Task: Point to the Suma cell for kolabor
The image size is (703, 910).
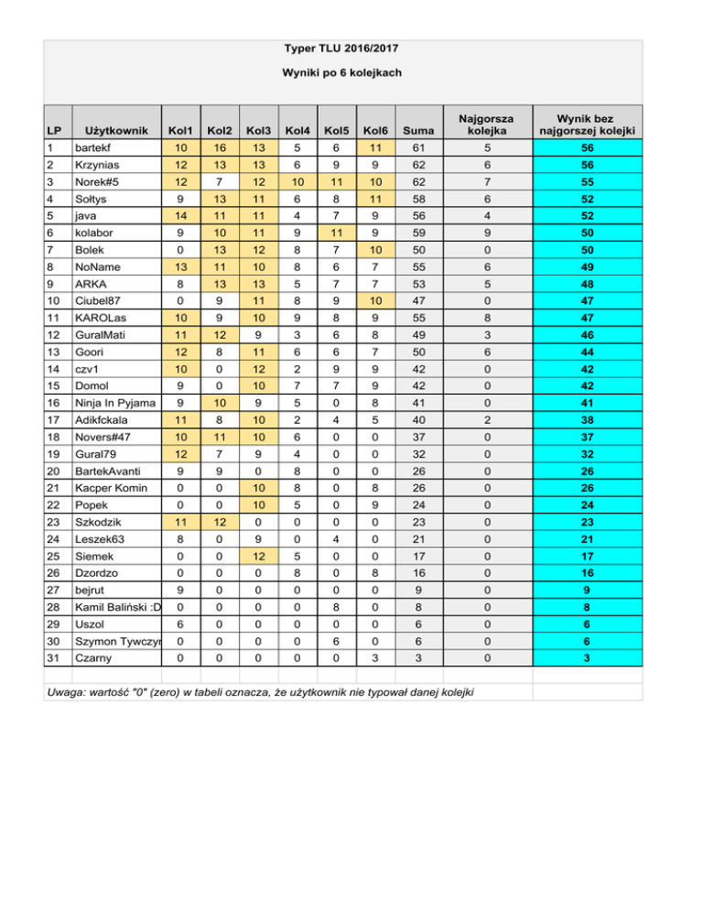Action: pos(417,233)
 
